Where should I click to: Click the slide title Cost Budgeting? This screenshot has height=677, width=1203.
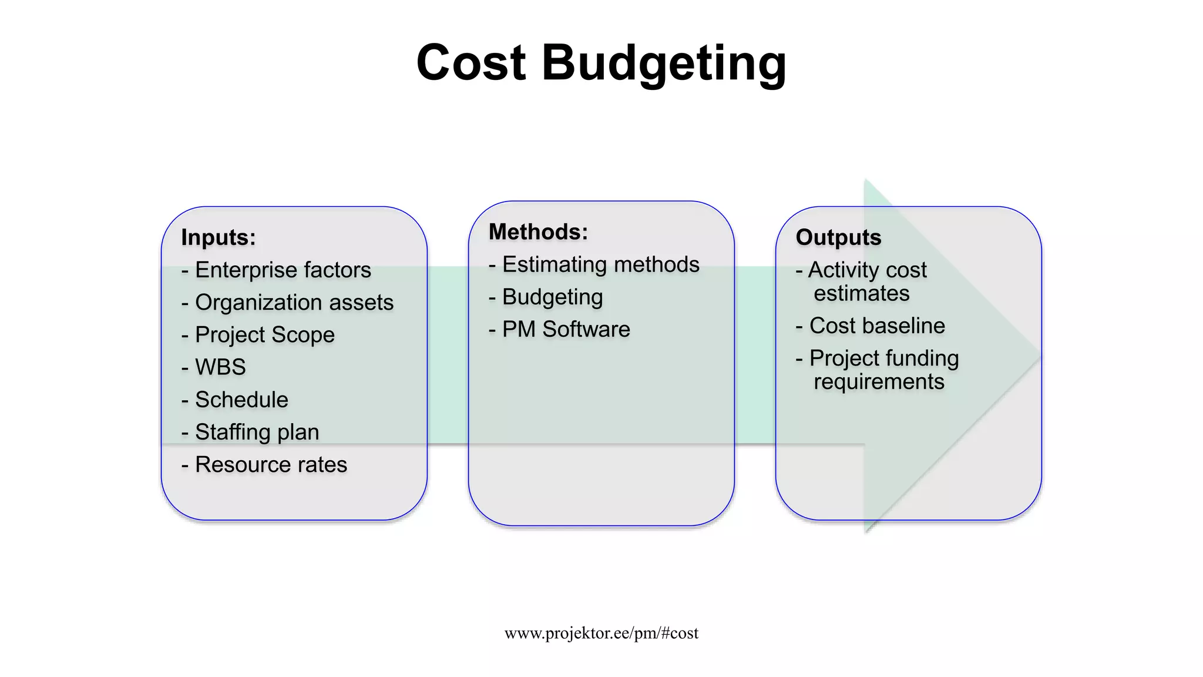(601, 62)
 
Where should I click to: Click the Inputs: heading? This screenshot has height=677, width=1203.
(219, 237)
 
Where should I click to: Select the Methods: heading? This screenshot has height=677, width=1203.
(538, 232)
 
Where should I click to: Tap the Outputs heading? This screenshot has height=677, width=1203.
(838, 237)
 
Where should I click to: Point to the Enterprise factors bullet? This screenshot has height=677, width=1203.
(283, 270)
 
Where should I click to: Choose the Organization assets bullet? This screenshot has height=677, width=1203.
(294, 303)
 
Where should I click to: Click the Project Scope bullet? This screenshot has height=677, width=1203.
(264, 335)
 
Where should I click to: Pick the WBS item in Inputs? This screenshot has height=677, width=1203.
(220, 367)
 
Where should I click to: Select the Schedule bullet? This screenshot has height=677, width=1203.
(241, 400)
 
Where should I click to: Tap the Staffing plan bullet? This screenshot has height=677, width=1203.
(257, 432)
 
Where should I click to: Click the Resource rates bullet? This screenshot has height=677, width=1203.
(271, 464)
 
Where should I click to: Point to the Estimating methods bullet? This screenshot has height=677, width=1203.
(600, 264)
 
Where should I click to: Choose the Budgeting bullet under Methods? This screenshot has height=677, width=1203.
(552, 297)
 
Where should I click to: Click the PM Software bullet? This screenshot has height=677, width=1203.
(566, 329)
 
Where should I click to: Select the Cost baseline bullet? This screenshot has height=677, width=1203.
(877, 326)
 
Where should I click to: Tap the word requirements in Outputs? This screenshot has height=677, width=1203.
(879, 382)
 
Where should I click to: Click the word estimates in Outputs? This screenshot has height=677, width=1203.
(861, 293)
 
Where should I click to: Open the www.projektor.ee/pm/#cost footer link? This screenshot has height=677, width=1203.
(601, 633)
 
